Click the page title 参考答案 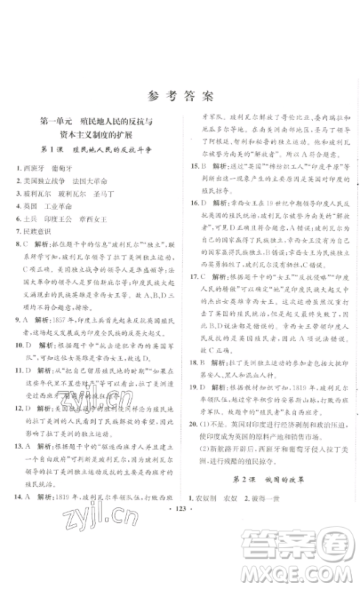click(x=180, y=95)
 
